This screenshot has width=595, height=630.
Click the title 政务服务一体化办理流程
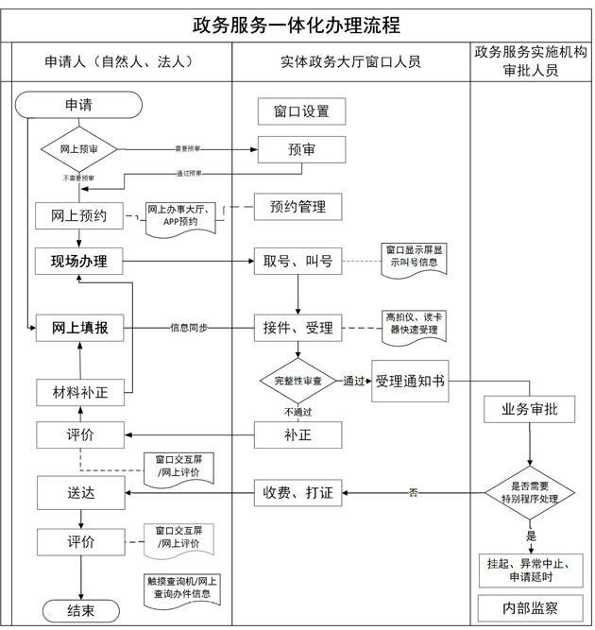coord(297,25)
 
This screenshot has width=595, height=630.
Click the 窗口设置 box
coord(301,111)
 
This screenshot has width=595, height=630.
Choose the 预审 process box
coord(301,149)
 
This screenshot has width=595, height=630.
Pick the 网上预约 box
coord(78,216)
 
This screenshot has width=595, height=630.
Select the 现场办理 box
coord(78,261)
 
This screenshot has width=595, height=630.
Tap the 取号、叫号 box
coord(297,261)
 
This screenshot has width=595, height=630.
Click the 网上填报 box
coord(79,328)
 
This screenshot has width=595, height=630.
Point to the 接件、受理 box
coord(297,328)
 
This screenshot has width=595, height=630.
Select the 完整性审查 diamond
coord(298,381)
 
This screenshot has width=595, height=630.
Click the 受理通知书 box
coord(410,381)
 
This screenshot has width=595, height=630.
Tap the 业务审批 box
coord(529,409)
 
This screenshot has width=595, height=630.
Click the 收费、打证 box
coord(298,491)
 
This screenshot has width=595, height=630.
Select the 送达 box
coord(79,492)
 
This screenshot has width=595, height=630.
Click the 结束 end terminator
coord(79,610)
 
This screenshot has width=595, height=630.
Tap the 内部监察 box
coord(529,607)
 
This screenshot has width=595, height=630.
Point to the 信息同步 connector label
coord(189,328)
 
